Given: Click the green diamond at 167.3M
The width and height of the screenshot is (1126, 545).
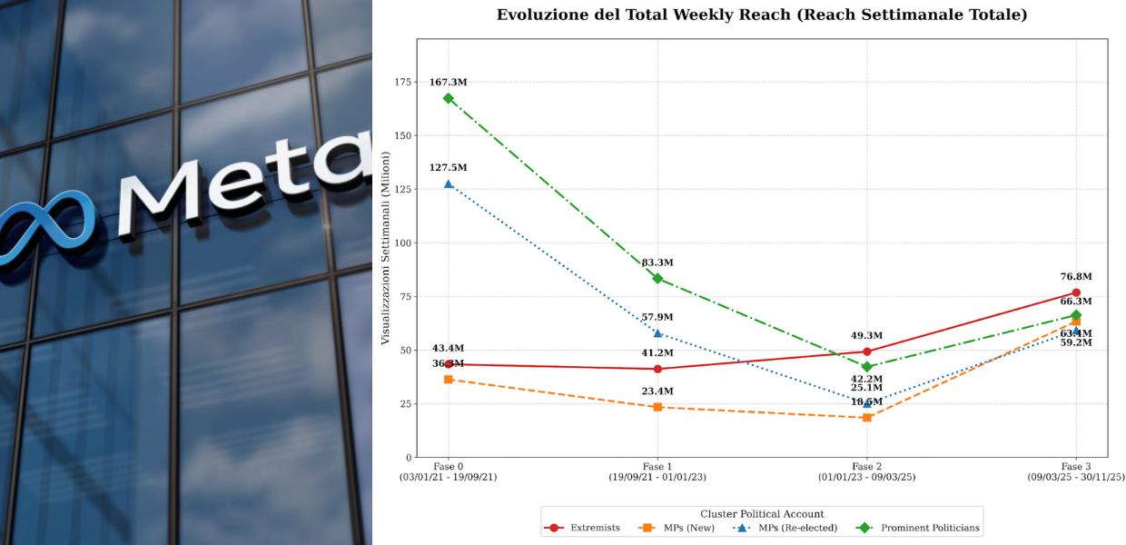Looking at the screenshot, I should pos(449,98).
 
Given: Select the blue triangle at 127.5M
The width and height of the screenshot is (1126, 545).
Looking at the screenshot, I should pos(449,183).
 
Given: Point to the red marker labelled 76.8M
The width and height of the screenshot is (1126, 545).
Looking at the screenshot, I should pos(1076,292).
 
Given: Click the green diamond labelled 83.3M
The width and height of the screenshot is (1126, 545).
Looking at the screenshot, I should pos(657,278).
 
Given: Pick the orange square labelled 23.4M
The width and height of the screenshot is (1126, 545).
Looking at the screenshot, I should pos(657,407).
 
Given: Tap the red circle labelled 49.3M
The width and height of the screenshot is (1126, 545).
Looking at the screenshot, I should pos(867,352).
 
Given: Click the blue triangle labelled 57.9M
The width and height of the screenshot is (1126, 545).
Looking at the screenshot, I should pos(657,333).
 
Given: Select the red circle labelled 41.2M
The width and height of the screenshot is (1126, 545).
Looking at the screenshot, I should pos(657,369).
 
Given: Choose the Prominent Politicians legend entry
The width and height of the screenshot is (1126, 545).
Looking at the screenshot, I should pos(918,528).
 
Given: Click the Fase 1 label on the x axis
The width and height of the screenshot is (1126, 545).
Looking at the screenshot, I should pos(657,467).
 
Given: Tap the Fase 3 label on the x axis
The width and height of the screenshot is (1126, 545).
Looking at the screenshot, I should pos(1076,467).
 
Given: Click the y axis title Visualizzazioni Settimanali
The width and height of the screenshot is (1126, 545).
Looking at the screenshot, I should pos(385,248).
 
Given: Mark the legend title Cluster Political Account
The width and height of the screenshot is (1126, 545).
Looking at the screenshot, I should pos(762,514).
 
